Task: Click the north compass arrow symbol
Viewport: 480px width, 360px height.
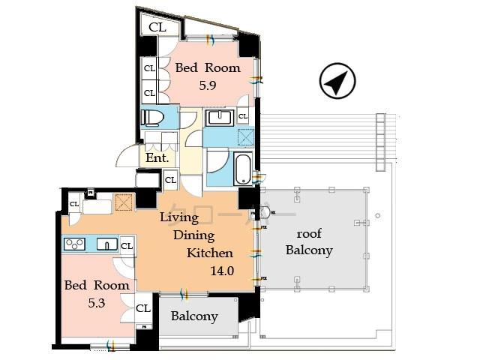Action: (x=337, y=81)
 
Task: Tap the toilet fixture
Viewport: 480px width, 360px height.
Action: (x=153, y=118)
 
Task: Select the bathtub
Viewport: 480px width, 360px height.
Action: (x=243, y=169)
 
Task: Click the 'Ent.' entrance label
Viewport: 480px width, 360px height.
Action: (x=157, y=158)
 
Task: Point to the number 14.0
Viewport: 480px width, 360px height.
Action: (x=221, y=270)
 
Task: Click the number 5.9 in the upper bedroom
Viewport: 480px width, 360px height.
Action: (x=208, y=85)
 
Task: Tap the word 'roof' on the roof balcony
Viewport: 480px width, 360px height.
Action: (x=309, y=234)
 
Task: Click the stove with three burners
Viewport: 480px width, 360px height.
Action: (x=75, y=244)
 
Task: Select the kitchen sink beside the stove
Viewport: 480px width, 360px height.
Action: (x=106, y=244)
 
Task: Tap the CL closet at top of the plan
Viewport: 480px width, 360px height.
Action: (x=157, y=27)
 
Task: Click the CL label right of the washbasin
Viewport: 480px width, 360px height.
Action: (x=243, y=116)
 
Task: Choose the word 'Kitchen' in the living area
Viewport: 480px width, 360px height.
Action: (x=210, y=253)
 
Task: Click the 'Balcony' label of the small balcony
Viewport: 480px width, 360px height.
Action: (x=194, y=316)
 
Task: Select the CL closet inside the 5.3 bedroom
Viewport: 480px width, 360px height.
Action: (x=143, y=308)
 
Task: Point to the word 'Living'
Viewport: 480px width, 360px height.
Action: (x=179, y=217)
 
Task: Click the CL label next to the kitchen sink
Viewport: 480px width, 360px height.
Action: (x=127, y=245)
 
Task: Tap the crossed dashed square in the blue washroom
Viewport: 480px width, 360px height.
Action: (x=244, y=137)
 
